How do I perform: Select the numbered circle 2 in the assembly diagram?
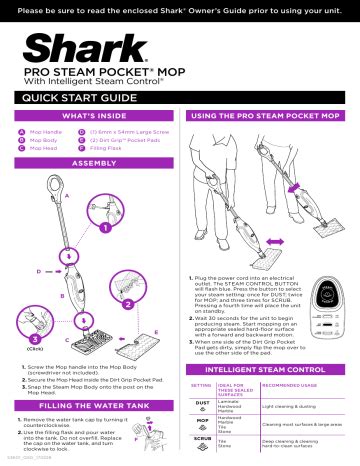click(128, 302)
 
